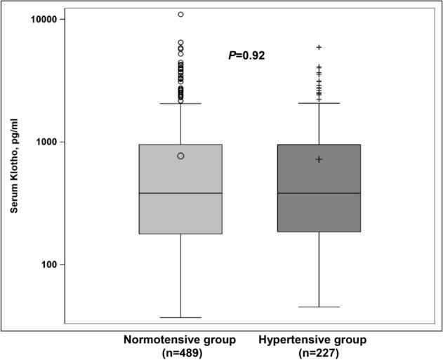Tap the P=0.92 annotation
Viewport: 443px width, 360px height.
click(x=246, y=55)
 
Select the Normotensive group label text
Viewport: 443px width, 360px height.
click(x=180, y=340)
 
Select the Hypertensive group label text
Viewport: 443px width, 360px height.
click(x=312, y=340)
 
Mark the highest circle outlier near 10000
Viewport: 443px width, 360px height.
click(x=180, y=14)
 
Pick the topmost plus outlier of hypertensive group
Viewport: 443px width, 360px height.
click(x=319, y=47)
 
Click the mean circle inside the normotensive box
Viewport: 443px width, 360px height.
click(x=180, y=156)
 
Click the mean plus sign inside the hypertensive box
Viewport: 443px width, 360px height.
click(x=319, y=159)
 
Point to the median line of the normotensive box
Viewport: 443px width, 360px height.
click(x=180, y=193)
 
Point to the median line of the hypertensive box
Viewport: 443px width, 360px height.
click(x=319, y=193)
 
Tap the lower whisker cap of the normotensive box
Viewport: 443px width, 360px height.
click(x=180, y=318)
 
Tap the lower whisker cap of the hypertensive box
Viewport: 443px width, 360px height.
click(x=319, y=307)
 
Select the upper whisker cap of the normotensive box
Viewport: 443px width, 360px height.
click(x=180, y=103)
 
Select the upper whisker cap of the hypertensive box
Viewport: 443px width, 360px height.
click(x=319, y=103)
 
